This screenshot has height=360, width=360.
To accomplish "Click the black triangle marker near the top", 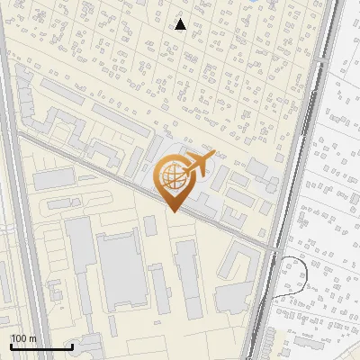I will coord(181,24).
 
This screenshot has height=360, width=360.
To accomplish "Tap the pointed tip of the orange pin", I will coord(172,211).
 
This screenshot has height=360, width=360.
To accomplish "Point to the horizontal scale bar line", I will coord(41,346).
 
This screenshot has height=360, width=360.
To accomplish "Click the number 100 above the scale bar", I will coord(18,337).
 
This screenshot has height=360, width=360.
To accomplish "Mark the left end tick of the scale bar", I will coord(11,345).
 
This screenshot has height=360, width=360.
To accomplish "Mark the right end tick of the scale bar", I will coord(72,345).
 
